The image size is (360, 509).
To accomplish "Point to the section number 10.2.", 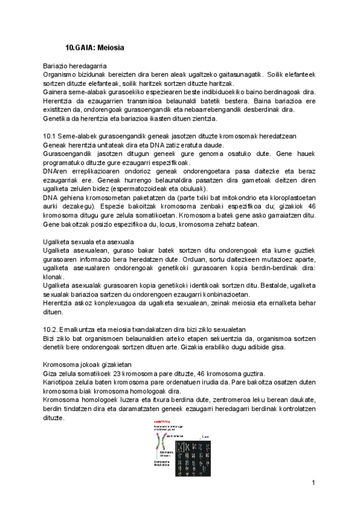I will pyautogui.click(x=50, y=329).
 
